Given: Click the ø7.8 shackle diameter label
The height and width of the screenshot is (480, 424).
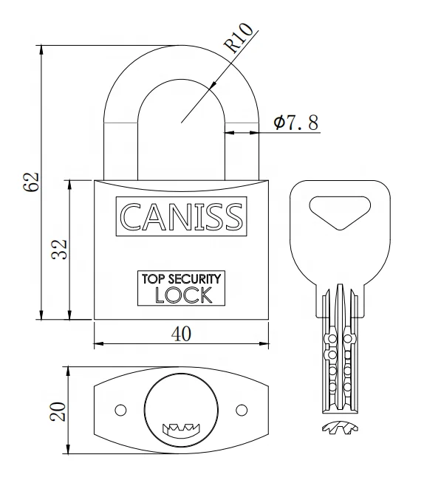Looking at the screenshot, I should click(x=296, y=122).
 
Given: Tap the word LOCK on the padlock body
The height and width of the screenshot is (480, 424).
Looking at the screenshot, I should click(x=182, y=295).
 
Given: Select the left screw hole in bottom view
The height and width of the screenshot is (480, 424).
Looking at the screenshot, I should click(x=120, y=409).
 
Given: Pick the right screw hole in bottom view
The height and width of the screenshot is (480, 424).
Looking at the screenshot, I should click(x=240, y=409).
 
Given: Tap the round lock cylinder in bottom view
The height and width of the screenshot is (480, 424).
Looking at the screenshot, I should click(x=180, y=408).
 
